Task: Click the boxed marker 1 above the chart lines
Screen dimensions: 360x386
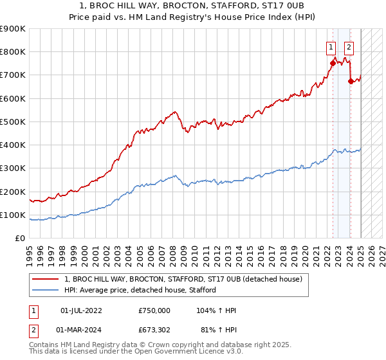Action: (x=331, y=46)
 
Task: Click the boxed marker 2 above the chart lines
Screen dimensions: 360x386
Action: (x=349, y=46)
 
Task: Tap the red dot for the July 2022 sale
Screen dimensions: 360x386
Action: (x=333, y=63)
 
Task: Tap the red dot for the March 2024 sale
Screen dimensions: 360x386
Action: (x=351, y=81)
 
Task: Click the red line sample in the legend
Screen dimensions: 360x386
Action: (x=46, y=279)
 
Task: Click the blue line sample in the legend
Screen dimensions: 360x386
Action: (x=46, y=290)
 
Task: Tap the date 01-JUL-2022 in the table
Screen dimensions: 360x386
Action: (x=80, y=310)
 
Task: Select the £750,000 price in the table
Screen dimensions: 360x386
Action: (x=154, y=310)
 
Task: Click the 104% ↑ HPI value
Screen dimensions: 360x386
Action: (x=217, y=310)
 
